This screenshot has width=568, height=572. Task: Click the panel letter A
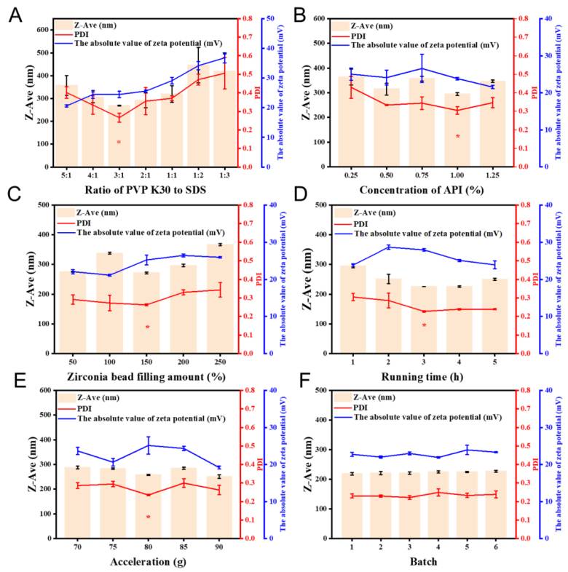click(12, 13)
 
